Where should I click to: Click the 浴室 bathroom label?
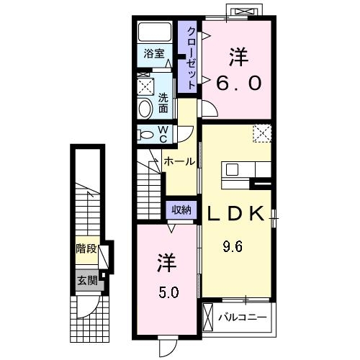[154, 54]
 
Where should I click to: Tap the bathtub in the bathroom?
[154, 32]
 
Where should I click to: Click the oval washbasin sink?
[145, 108]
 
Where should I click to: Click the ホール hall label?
[177, 161]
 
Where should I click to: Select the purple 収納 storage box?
[181, 210]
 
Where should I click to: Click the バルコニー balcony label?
[243, 316]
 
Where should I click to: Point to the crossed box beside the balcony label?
[209, 316]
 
